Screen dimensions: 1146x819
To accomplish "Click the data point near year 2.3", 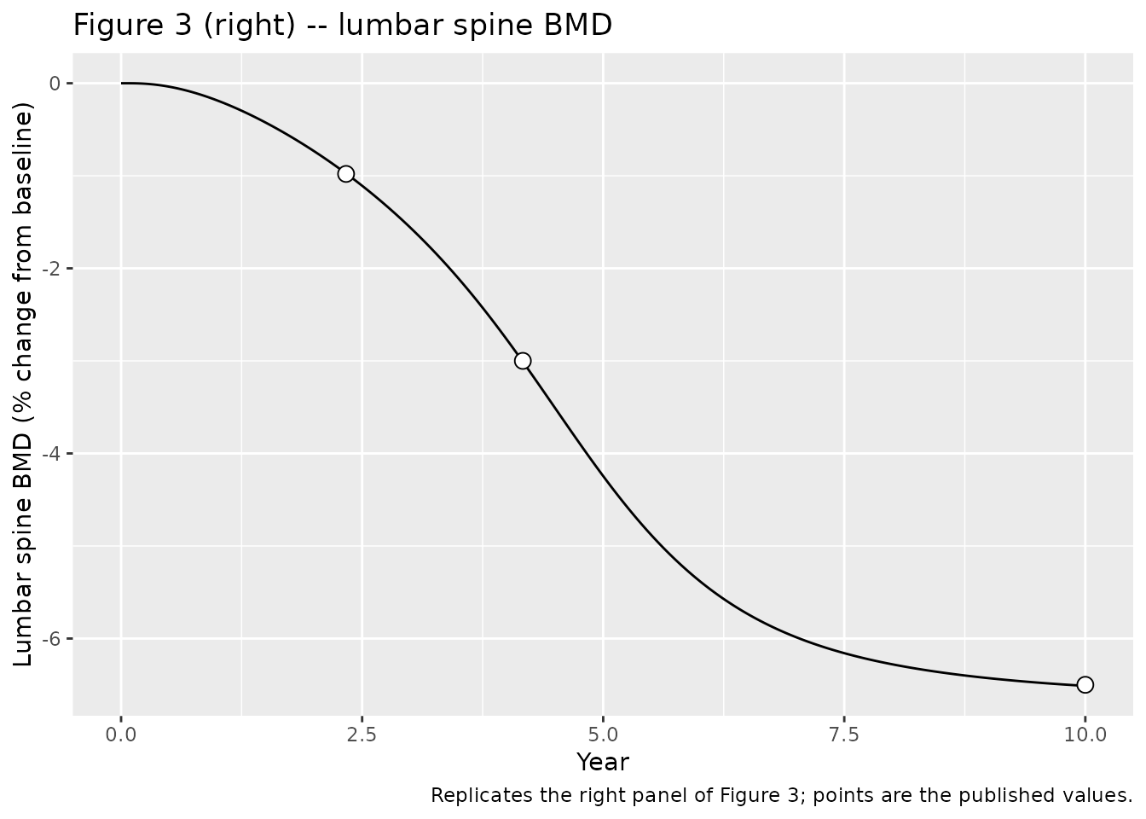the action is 346,174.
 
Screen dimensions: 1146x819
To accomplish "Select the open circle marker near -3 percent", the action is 523,361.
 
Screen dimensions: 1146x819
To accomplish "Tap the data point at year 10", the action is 1085,685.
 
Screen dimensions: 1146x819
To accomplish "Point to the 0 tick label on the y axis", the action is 55,84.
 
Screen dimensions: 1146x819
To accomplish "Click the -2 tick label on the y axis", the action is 51,268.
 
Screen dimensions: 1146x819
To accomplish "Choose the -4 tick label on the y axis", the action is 51,454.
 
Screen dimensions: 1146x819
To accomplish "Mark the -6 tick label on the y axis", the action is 51,639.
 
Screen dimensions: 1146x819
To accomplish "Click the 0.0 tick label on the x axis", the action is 121,735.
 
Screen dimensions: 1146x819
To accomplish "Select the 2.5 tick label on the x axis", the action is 362,735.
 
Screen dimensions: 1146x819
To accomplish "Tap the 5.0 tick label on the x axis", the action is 603,735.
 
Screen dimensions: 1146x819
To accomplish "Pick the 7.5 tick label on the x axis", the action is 844,735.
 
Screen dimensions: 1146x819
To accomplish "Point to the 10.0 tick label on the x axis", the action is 1085,735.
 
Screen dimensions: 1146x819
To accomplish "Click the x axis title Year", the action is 603,763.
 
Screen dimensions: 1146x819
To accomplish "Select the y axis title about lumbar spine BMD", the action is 23,384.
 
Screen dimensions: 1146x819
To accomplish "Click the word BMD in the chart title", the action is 577,25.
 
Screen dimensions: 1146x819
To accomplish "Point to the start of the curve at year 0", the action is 121,84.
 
